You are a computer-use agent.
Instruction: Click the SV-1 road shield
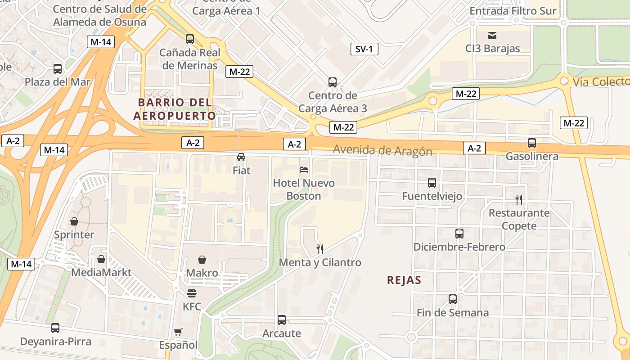point(364,49)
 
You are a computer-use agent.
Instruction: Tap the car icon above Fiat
point(241,157)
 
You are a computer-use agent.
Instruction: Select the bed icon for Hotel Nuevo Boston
point(304,170)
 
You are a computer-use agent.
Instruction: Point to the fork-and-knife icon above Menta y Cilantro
point(320,249)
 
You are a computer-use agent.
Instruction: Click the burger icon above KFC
point(192,294)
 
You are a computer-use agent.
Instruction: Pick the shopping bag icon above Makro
point(202,260)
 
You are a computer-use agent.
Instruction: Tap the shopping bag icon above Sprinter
point(74,221)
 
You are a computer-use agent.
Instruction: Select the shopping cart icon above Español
point(178,332)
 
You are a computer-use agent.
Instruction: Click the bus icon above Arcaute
point(282,320)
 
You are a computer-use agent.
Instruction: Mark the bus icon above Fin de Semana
point(453,299)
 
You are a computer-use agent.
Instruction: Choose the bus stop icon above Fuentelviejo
point(432,183)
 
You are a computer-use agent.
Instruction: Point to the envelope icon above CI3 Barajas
point(492,35)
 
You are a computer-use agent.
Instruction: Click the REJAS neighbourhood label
point(404,280)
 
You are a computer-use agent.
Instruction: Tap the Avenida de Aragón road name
point(382,151)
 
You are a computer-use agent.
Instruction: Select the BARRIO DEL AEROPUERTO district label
point(175,109)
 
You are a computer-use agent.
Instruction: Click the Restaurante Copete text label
point(519,219)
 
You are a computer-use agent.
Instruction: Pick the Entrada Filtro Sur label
point(513,11)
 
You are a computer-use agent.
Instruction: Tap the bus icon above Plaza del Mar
point(58,69)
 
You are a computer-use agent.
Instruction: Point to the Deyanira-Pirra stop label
point(55,342)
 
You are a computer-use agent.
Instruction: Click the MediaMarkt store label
point(101,272)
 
